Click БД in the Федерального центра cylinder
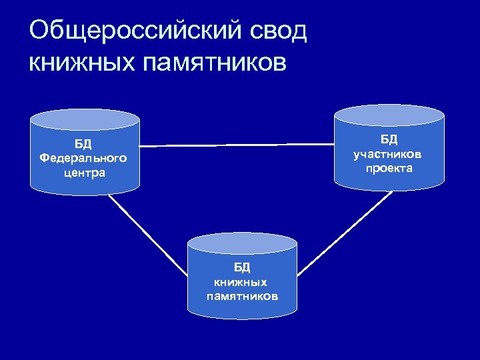pos(83,144)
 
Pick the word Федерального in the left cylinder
pos(83,159)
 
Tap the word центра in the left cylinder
pos(83,173)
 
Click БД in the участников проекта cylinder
pos(389,139)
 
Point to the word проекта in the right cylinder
pos(389,169)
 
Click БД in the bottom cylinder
pos(242,267)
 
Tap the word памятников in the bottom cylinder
pos(242,296)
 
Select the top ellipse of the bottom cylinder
pos(242,243)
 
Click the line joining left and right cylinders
pos(237,144)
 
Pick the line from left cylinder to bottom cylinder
pos(148,235)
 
